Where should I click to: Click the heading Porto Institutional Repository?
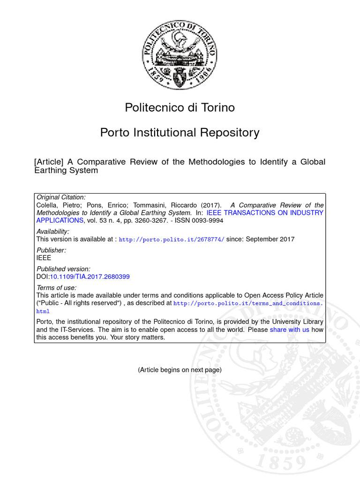click(180, 133)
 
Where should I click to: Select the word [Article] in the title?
click(49, 162)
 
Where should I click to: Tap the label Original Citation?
click(61, 198)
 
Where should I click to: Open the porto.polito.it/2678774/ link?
click(172, 240)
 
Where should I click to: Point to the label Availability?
click(52, 232)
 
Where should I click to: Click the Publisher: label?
click(51, 250)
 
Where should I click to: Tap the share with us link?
click(289, 330)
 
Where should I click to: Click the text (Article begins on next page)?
click(180, 370)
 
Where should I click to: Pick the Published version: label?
click(63, 269)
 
